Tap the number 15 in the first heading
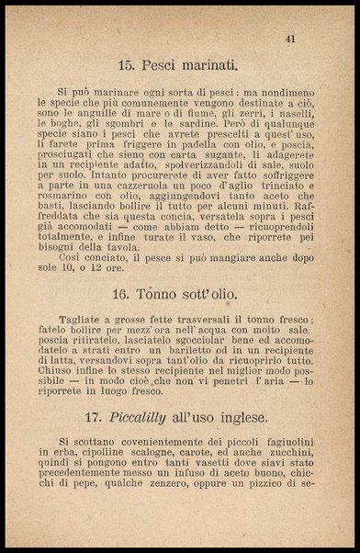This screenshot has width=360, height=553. (129, 65)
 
